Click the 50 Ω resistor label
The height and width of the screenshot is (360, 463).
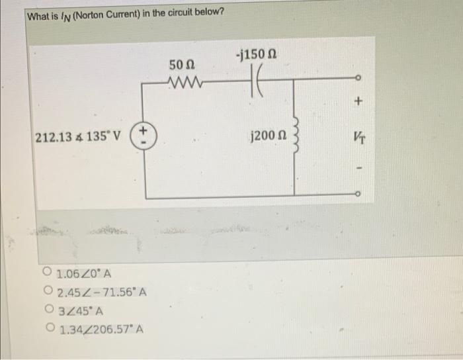point(181,65)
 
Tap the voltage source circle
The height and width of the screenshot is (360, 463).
point(146,140)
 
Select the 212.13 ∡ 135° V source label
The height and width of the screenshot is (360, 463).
point(77,140)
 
